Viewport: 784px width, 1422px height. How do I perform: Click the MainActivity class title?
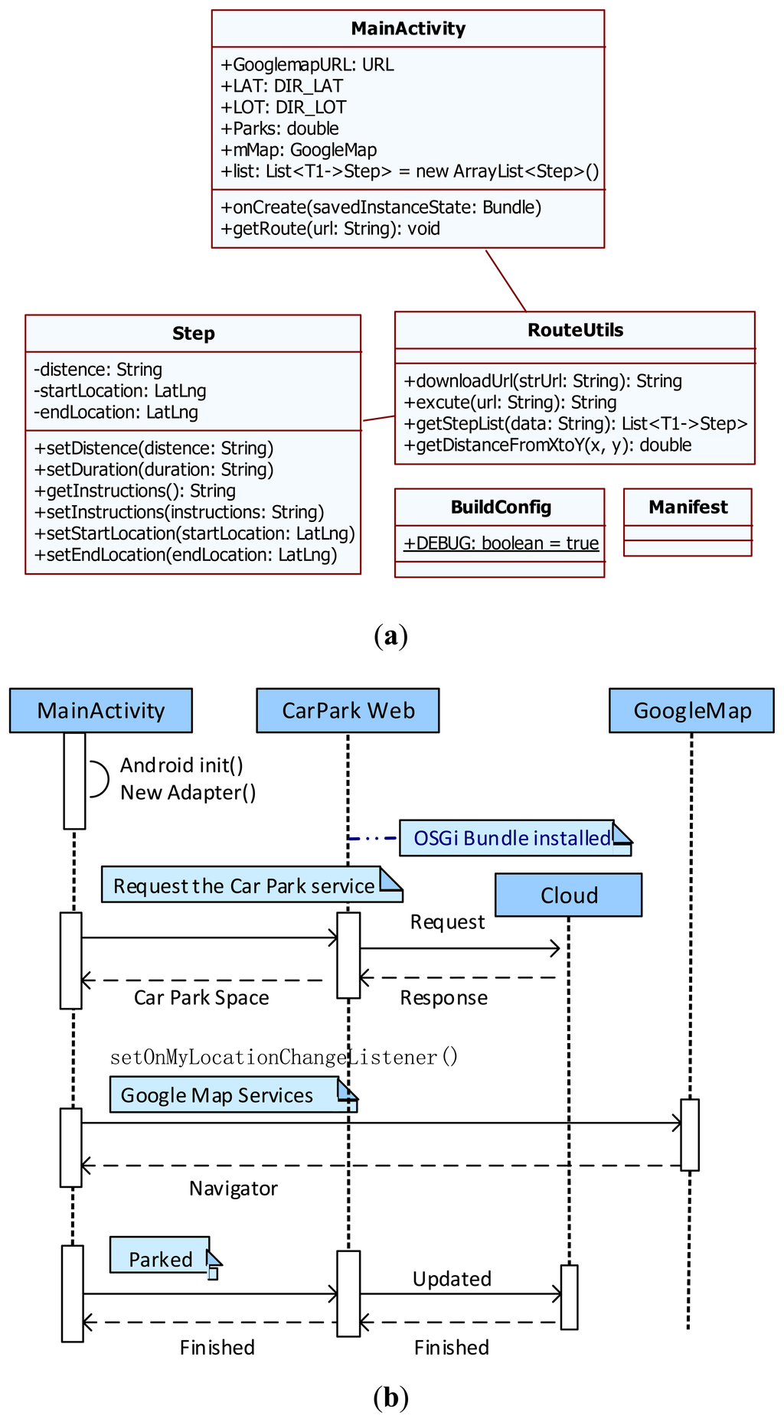[x=408, y=29]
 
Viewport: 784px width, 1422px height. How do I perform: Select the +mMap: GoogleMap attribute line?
[x=299, y=150]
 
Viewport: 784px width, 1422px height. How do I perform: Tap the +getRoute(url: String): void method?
[x=330, y=229]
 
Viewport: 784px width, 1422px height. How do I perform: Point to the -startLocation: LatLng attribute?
[x=120, y=391]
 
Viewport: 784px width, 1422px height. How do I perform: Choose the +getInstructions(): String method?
[x=135, y=491]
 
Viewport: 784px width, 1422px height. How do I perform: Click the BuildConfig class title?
[x=501, y=507]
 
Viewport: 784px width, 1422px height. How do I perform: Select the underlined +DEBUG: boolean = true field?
[x=501, y=543]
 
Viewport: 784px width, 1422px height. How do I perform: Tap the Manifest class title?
[x=688, y=507]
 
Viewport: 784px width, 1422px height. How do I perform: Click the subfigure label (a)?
[x=391, y=636]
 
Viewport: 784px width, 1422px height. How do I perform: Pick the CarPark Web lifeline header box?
[x=348, y=710]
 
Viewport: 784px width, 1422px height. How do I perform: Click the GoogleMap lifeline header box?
[x=692, y=710]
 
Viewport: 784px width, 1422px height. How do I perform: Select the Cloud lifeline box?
[x=569, y=895]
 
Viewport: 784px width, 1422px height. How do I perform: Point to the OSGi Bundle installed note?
[x=515, y=838]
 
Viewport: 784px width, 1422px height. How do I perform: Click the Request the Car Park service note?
[x=252, y=885]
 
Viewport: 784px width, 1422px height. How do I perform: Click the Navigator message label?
[x=234, y=1189]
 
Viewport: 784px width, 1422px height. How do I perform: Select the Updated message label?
[x=452, y=1279]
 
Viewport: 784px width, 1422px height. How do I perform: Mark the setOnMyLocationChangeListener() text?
[x=284, y=1058]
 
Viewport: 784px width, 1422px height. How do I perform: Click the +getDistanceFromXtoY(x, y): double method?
[x=547, y=445]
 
